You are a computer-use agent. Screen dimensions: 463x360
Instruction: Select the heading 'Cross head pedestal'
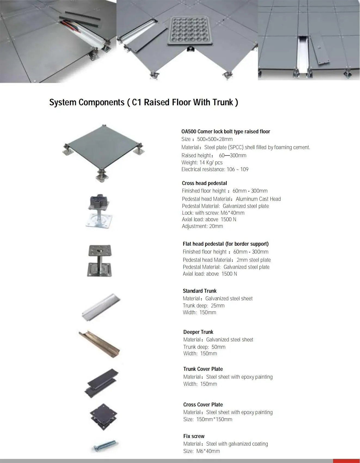tap(204, 183)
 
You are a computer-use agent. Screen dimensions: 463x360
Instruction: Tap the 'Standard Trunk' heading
tap(200, 291)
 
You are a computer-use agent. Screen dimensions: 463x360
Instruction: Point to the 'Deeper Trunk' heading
tap(198, 332)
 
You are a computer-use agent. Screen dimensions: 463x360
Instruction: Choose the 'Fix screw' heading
tap(194, 436)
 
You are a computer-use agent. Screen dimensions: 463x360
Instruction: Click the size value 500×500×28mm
tap(215, 139)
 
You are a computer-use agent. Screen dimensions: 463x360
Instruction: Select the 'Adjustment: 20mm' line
tap(202, 226)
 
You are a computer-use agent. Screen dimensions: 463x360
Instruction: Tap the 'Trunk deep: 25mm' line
tap(204, 305)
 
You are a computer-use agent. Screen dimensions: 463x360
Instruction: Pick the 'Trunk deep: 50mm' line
tap(204, 347)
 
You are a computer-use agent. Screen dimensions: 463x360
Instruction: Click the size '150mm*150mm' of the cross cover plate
tap(214, 419)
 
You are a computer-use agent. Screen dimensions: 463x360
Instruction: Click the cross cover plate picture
tap(103, 417)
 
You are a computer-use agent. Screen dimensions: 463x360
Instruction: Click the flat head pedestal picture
tap(100, 261)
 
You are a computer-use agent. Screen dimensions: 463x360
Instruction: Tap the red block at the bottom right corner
tap(346, 461)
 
